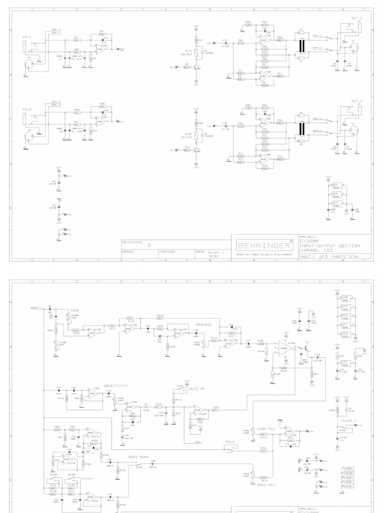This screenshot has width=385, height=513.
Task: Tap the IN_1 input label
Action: click(x=27, y=37)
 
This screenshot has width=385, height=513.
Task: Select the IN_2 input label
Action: click(x=27, y=109)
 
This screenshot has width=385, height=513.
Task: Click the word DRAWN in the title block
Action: click(x=129, y=251)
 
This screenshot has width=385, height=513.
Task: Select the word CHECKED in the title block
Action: click(x=167, y=251)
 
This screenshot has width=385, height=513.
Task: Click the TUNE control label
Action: click(x=74, y=310)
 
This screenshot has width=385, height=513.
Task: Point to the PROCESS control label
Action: click(x=204, y=325)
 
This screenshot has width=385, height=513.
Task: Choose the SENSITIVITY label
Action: click(x=116, y=386)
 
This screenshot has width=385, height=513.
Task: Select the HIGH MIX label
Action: click(x=265, y=429)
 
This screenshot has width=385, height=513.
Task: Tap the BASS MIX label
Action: click(x=265, y=485)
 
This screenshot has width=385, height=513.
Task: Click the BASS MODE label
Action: click(x=138, y=457)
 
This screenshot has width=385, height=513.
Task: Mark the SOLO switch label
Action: click(x=230, y=441)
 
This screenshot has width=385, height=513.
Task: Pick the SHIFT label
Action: click(x=88, y=478)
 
